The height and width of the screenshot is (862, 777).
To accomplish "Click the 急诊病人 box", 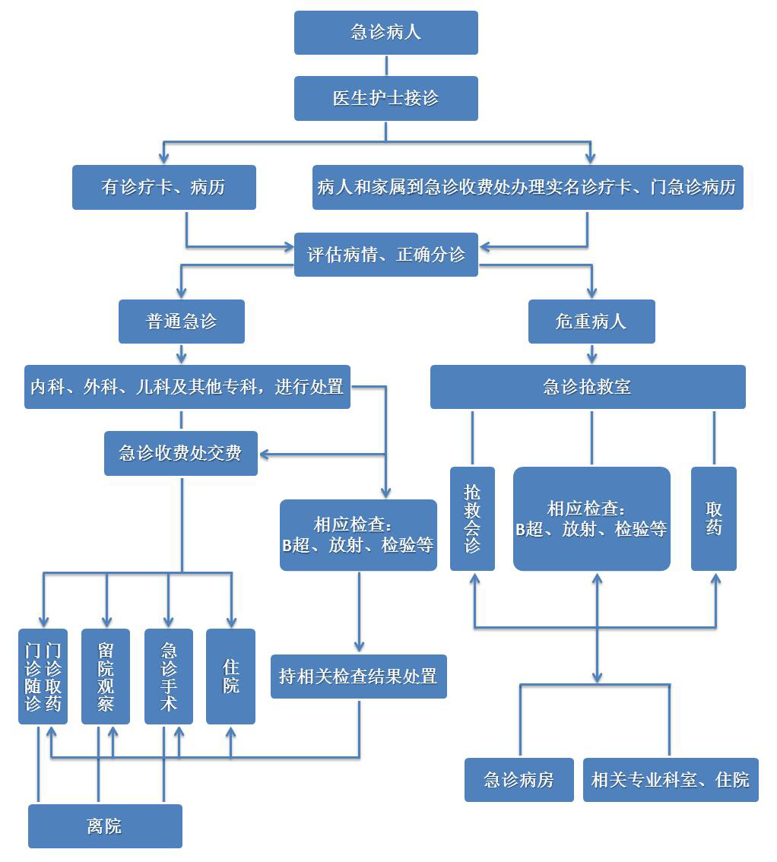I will click(385, 33).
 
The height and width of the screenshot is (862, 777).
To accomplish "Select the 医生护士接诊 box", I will click(385, 98).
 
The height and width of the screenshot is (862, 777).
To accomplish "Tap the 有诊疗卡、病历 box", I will click(163, 187).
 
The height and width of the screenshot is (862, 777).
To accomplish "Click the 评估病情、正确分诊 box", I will click(385, 255).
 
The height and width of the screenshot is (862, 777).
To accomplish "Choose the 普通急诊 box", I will click(181, 322).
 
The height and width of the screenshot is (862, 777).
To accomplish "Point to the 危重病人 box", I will click(591, 322).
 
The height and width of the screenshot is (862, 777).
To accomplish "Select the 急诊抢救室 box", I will click(587, 387).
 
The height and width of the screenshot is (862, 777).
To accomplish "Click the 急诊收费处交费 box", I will click(180, 454).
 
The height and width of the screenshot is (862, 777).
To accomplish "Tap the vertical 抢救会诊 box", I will click(472, 518).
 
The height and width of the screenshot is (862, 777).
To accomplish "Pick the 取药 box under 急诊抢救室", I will click(713, 518).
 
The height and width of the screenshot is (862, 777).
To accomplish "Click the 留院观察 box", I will click(106, 676).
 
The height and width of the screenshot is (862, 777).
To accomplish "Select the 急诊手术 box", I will click(168, 676).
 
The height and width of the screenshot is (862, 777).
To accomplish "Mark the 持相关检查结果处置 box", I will click(358, 676).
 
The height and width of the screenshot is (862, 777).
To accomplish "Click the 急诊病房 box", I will click(519, 779).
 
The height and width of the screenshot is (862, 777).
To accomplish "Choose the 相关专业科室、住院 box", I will click(670, 779).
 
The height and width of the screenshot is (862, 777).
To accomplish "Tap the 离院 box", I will click(105, 826).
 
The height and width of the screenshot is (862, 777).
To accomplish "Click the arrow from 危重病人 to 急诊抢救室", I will click(591, 354).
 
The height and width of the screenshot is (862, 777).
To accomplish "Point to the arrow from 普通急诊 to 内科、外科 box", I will click(181, 354).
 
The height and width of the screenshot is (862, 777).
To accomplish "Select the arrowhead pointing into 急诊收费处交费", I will click(265, 455).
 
